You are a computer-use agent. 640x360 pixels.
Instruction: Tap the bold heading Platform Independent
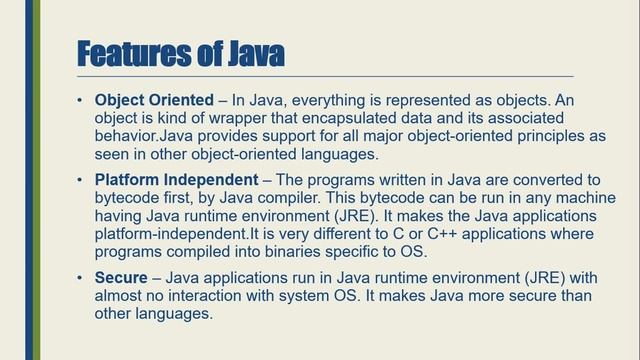pyautogui.click(x=176, y=179)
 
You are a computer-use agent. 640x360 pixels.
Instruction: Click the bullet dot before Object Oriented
pyautogui.click(x=80, y=102)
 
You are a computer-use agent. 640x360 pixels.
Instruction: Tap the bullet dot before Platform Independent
pyautogui.click(x=80, y=180)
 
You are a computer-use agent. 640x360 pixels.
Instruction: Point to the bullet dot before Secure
pyautogui.click(x=80, y=276)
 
